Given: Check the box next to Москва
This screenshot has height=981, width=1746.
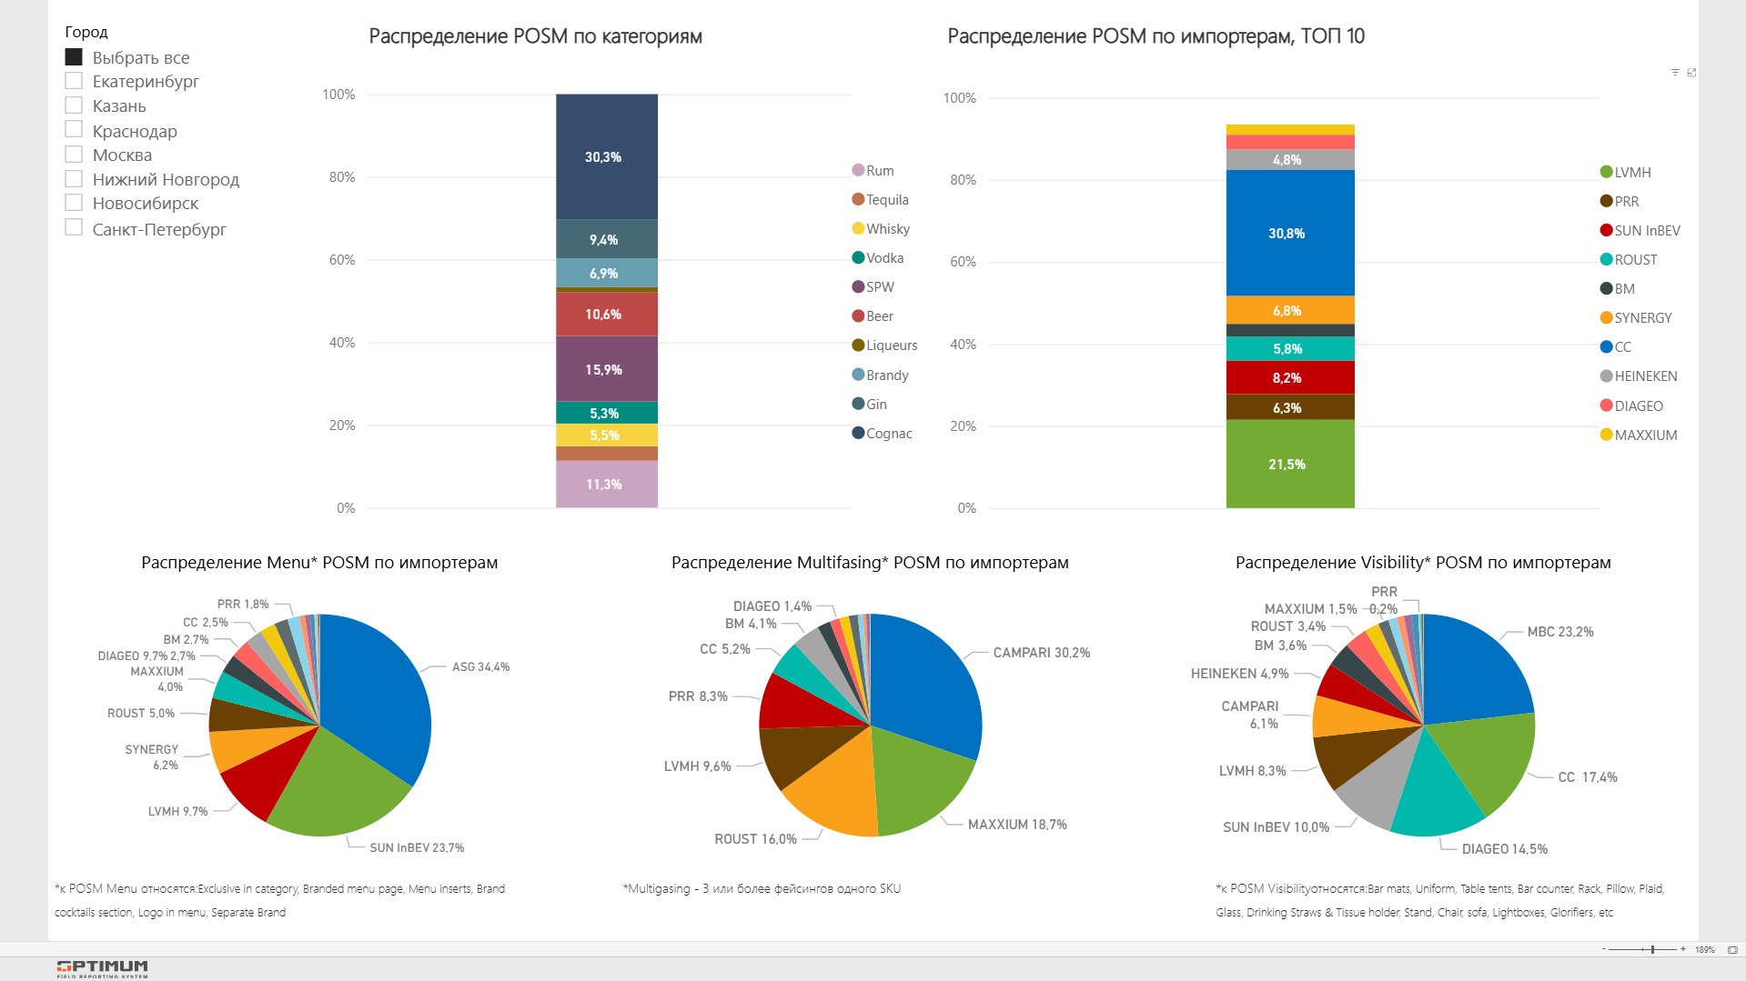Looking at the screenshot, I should click(x=74, y=155).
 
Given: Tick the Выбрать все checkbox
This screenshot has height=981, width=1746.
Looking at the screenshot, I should click(x=74, y=56).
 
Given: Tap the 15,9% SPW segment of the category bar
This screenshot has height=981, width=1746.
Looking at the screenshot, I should click(x=607, y=369).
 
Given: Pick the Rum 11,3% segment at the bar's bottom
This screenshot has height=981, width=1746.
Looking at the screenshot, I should click(x=607, y=484).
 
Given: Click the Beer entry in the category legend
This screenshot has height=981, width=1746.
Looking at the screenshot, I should click(x=879, y=316).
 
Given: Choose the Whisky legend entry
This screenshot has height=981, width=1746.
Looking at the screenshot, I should click(x=887, y=229).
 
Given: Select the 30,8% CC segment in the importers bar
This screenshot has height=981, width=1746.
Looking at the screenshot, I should click(x=1289, y=233).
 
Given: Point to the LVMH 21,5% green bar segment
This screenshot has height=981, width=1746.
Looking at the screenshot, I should click(x=1289, y=464).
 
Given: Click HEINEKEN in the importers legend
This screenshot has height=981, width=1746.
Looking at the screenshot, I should click(x=1645, y=376).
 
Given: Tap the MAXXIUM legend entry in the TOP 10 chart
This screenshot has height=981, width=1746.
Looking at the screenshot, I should click(x=1645, y=435).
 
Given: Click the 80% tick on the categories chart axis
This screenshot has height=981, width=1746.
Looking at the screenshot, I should click(x=342, y=177).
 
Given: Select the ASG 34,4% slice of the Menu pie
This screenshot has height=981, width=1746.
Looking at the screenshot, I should click(x=378, y=700).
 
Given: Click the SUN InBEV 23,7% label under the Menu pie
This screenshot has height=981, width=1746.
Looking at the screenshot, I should click(x=417, y=847).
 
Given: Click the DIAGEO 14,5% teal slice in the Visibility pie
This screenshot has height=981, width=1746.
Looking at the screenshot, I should click(x=1438, y=791).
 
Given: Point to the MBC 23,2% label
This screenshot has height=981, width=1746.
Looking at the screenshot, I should click(x=1559, y=632).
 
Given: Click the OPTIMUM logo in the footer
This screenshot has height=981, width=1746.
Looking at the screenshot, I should click(x=102, y=968).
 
